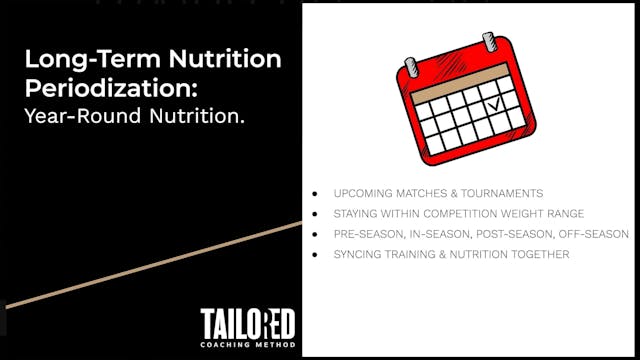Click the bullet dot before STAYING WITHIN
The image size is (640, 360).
[316, 214]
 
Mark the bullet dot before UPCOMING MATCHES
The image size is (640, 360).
[316, 193]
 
